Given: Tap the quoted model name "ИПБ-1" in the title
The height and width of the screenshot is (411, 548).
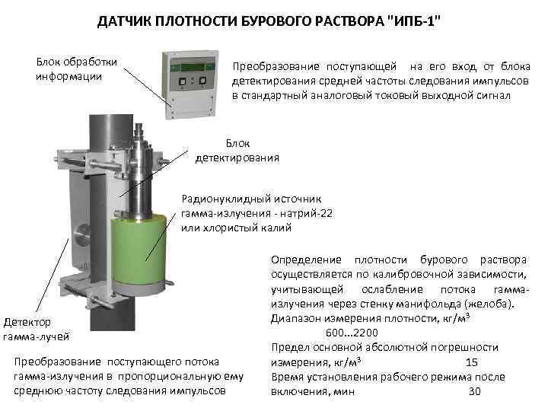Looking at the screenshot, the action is coord(414,21).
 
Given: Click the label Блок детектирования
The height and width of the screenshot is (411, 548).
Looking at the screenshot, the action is coord(237,151).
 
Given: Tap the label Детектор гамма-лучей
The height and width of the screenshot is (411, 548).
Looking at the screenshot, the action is coord(35,329).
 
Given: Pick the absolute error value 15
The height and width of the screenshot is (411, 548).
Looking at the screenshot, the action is coord(472,362).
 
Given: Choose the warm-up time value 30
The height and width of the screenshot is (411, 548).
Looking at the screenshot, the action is coord(475,391).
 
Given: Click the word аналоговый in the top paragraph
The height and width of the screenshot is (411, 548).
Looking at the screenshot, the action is coord(358,96).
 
